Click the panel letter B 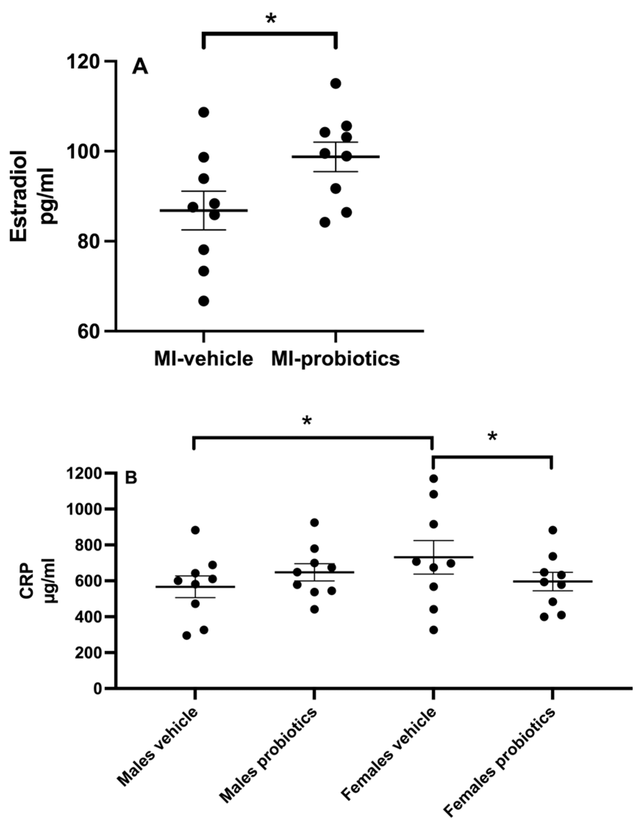coord(131,478)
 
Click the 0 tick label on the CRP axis coord(97,688)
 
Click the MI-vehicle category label coord(204,358)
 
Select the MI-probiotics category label coord(335,358)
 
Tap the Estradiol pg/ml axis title coord(33,196)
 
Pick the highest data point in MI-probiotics coord(336,83)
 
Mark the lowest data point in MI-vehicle coord(204,301)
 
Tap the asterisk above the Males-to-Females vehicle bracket coord(307,421)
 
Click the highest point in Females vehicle coord(434,478)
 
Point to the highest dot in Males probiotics coord(314,523)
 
